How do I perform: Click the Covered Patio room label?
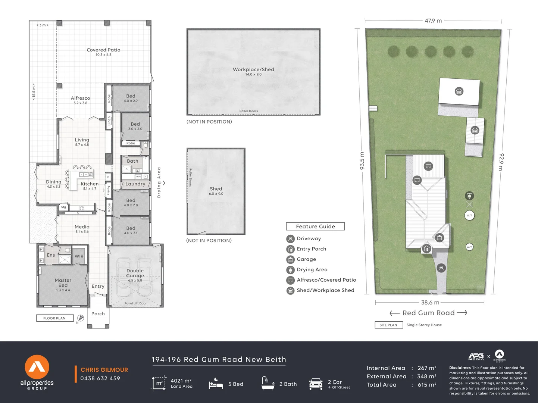(103, 50)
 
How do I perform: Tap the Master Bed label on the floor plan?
(63, 283)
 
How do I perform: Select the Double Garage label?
(135, 273)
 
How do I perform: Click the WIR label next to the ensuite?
(79, 256)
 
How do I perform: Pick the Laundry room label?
(135, 184)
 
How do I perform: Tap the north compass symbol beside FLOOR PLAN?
(80, 318)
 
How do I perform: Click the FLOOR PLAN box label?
(54, 318)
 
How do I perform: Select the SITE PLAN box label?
(388, 325)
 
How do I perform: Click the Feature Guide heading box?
(315, 227)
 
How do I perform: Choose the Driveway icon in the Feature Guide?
(290, 239)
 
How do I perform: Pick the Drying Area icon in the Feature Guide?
(290, 270)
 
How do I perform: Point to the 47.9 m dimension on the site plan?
(433, 21)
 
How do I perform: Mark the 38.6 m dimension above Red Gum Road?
(430, 303)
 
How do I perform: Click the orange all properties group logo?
(37, 367)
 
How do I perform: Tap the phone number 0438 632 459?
(100, 378)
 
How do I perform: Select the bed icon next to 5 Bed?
(216, 384)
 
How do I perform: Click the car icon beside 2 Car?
(316, 384)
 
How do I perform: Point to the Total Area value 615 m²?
(427, 385)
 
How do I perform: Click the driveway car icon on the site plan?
(441, 268)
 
